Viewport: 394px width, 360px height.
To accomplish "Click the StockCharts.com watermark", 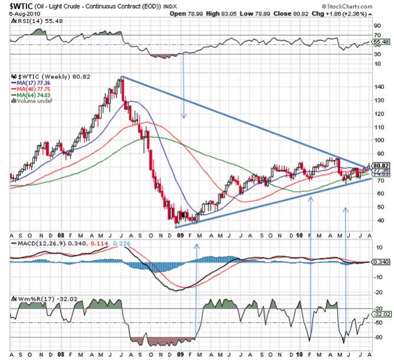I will pyautogui.click(x=358, y=5).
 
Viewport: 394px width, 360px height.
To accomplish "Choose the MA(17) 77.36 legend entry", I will pyautogui.click(x=37, y=84).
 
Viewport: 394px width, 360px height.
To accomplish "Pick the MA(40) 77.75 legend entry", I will pyautogui.click(x=37, y=91).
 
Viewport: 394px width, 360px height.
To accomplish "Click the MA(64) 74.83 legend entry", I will pyautogui.click(x=37, y=97).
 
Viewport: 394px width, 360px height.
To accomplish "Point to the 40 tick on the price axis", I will pyautogui.click(x=379, y=220).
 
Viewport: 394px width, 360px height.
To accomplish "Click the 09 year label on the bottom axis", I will pyautogui.click(x=179, y=236).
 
